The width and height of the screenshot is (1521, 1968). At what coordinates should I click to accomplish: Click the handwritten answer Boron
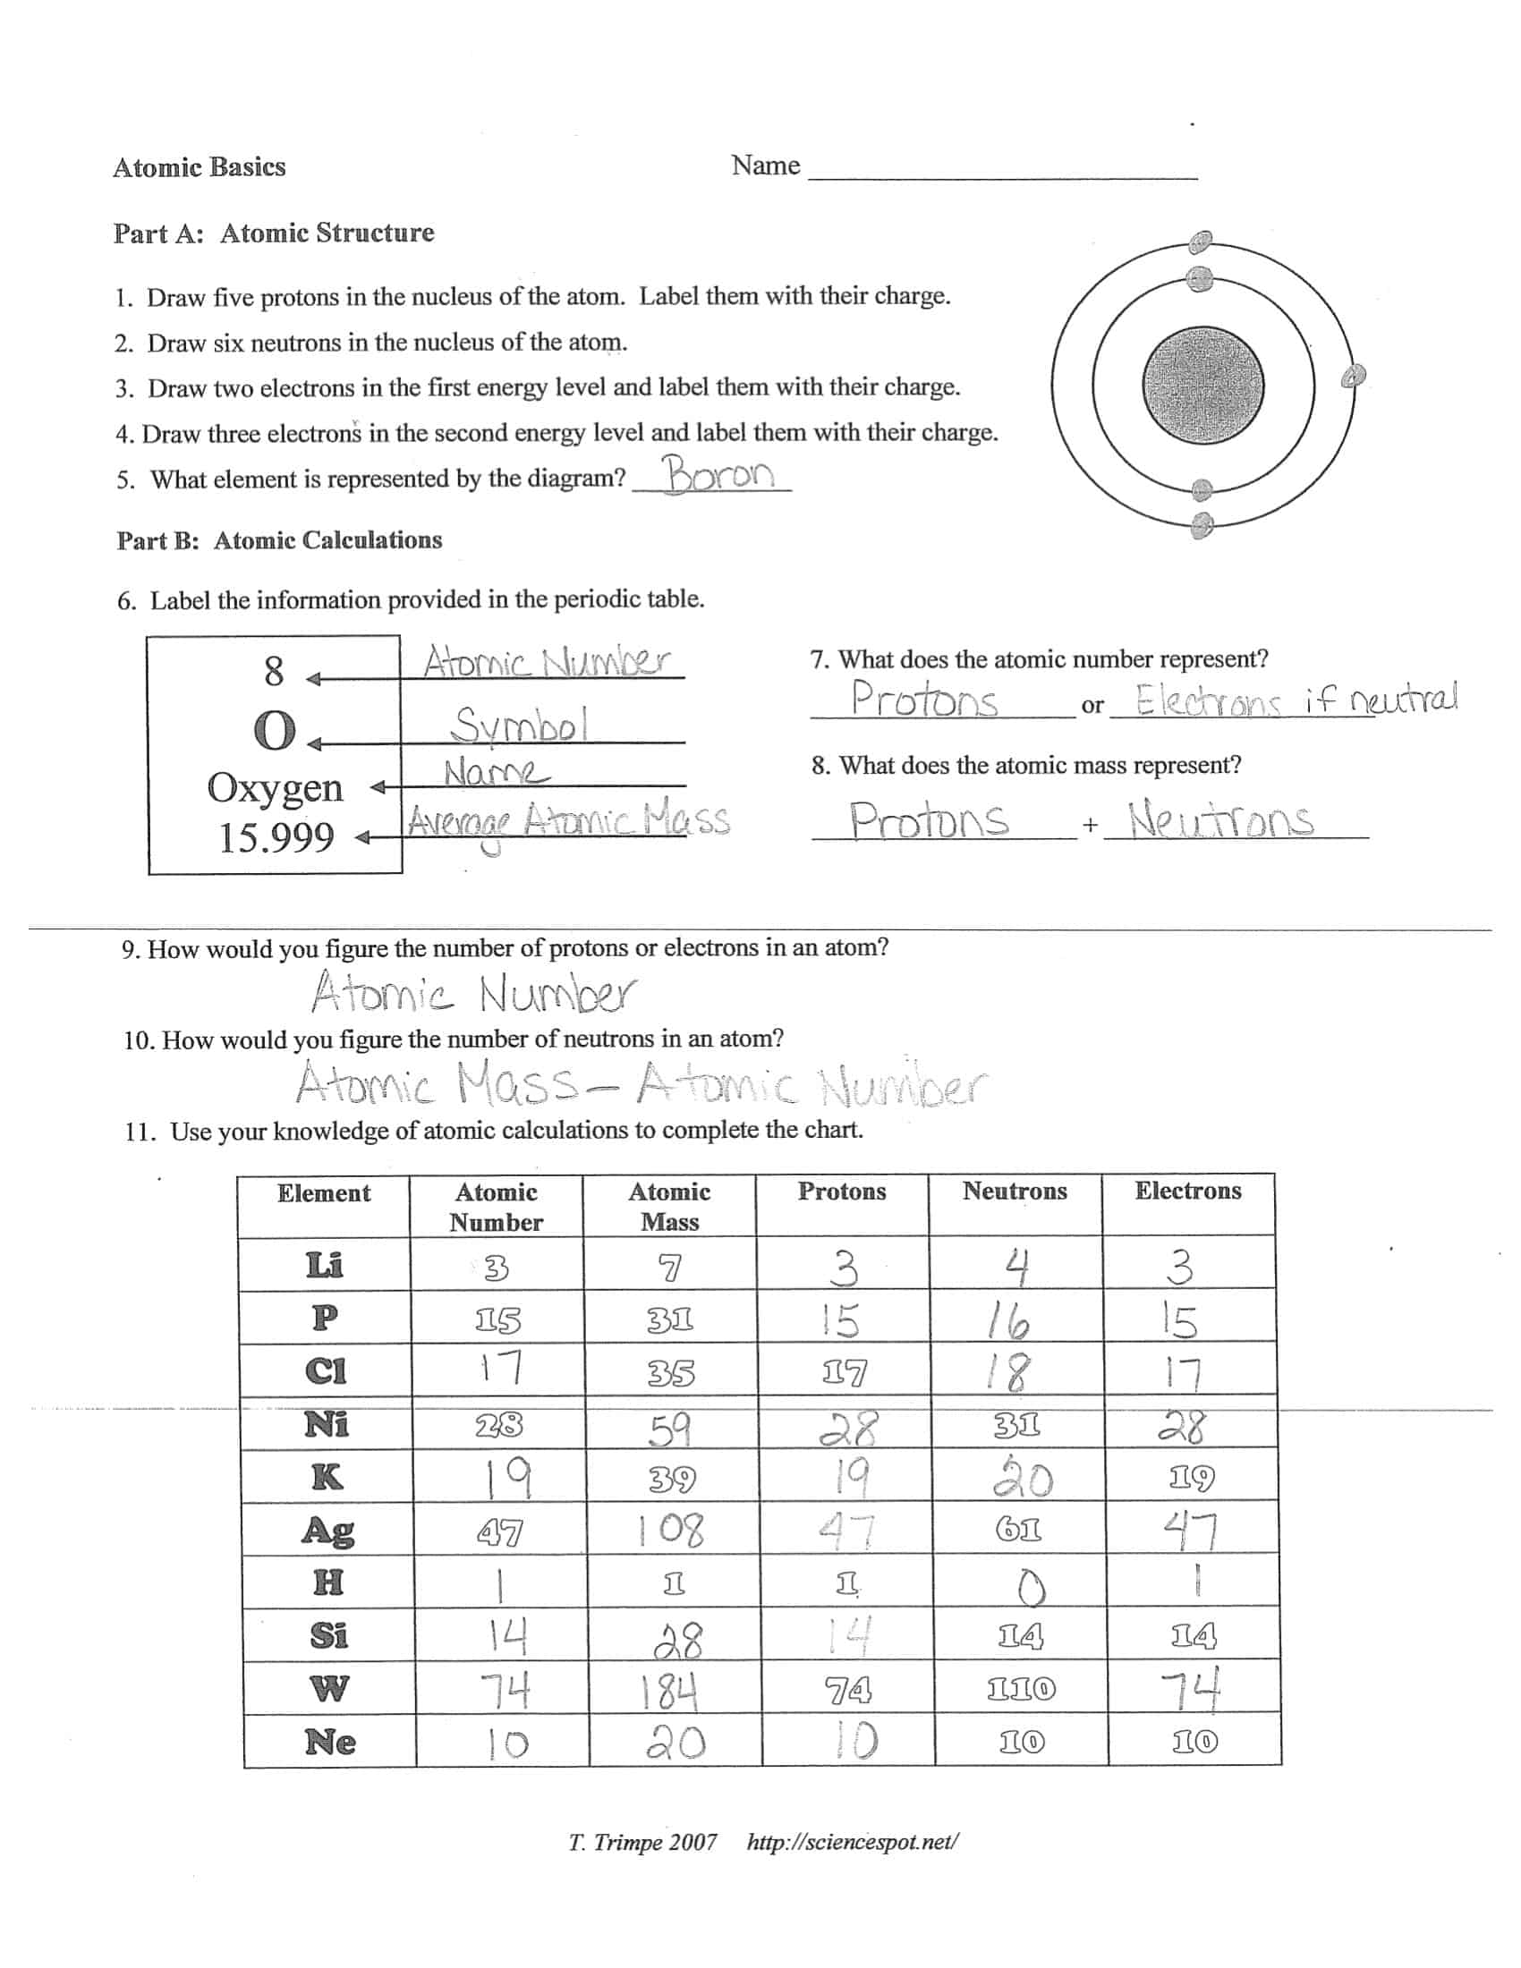[x=718, y=475]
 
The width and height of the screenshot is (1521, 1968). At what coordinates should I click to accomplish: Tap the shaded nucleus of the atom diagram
[x=1202, y=384]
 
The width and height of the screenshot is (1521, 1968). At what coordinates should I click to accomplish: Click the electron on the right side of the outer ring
[x=1353, y=377]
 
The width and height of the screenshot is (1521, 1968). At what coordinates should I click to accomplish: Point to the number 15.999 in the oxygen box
[x=276, y=837]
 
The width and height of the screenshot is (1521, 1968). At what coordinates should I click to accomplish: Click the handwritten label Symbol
[x=520, y=725]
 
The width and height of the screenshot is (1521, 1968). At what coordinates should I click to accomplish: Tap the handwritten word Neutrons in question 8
[x=1222, y=820]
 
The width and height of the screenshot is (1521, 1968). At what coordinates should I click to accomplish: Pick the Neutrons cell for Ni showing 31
[x=1018, y=1426]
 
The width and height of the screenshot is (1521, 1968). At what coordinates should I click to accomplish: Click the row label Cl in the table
[x=326, y=1371]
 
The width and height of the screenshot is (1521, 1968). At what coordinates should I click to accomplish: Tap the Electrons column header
[x=1187, y=1192]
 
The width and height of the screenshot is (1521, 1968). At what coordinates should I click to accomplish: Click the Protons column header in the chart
[x=842, y=1192]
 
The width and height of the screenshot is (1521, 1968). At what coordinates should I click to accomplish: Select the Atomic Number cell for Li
[x=497, y=1268]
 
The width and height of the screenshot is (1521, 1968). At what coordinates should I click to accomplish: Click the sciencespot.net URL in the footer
[x=853, y=1842]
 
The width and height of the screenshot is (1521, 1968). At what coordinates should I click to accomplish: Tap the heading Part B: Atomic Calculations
[x=279, y=539]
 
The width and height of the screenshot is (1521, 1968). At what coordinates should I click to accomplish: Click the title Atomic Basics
[x=200, y=166]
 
